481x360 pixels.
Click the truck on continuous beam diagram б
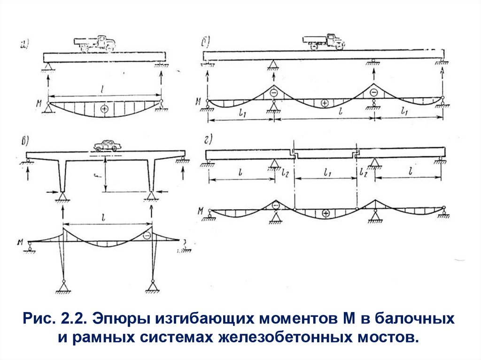[324, 41]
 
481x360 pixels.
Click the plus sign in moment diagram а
[104, 109]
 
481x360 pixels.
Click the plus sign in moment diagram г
[325, 214]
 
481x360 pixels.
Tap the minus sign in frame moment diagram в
[147, 236]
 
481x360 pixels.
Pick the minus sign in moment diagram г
[276, 205]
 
